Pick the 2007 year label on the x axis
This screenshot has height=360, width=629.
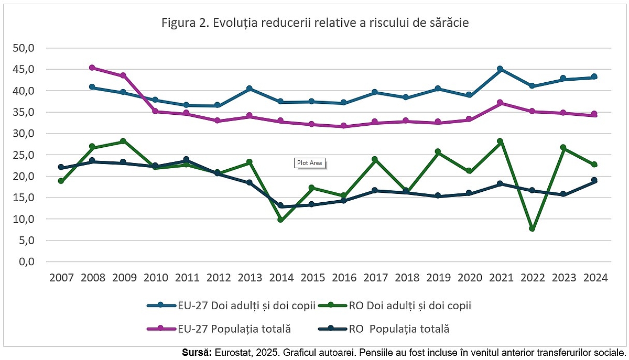point(61,278)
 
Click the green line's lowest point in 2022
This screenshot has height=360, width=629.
point(532,228)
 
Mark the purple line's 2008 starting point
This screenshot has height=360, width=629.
point(92,68)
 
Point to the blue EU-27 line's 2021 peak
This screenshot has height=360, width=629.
point(500,69)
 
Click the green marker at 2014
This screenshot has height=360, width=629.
point(281,220)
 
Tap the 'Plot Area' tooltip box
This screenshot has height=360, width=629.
point(309,163)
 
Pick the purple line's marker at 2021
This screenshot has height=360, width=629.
point(500,103)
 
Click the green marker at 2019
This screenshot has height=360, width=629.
point(438,151)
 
